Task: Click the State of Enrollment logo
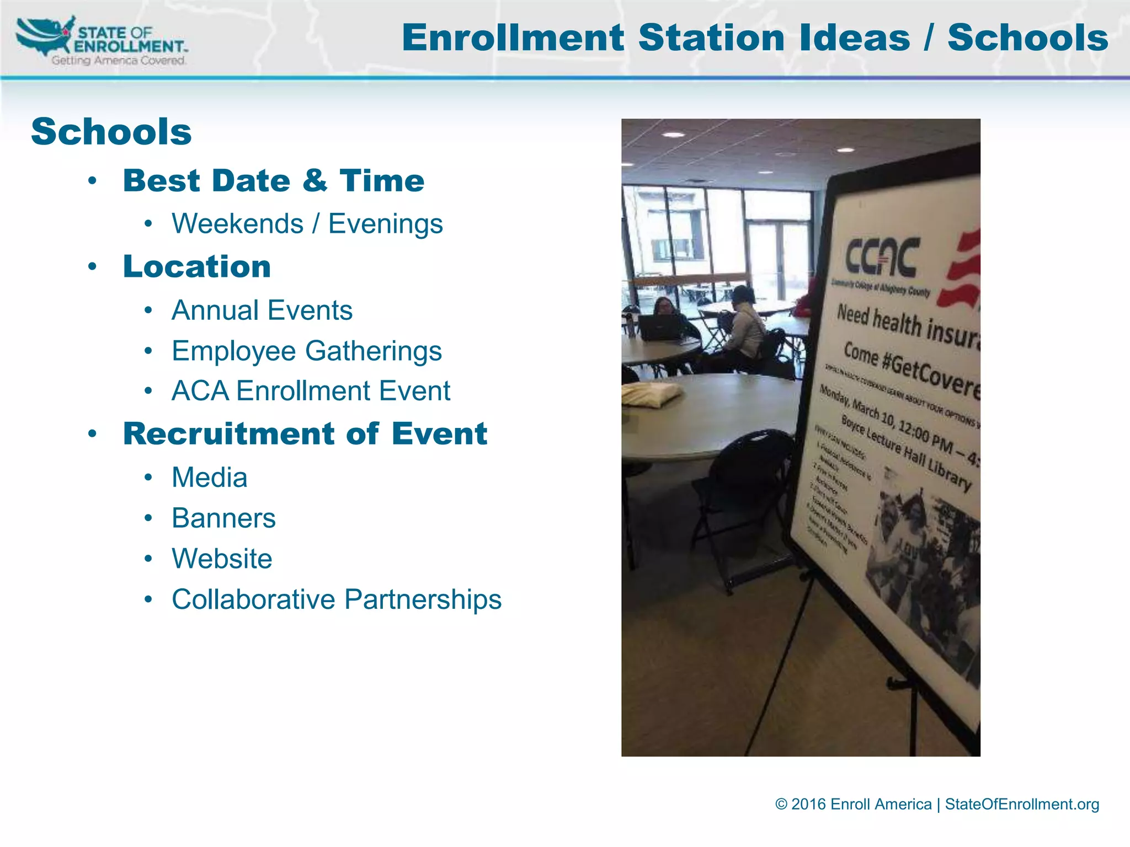point(102,41)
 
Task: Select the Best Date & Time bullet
point(274,181)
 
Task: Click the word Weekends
point(237,224)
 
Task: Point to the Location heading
point(197,267)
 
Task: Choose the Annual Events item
point(262,310)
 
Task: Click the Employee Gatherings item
point(307,351)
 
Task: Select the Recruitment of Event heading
point(305,434)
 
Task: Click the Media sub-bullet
point(210,478)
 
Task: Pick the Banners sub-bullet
point(223,518)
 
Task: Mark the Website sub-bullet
point(222,559)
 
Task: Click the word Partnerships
point(423,599)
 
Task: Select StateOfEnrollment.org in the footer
point(1022,805)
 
